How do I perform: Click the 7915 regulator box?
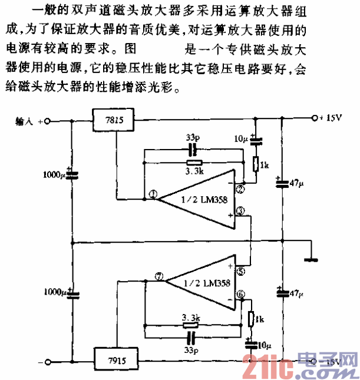[x=115, y=358]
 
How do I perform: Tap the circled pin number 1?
[x=153, y=195]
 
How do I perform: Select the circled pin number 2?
[x=240, y=189]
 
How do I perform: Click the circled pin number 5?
[x=240, y=272]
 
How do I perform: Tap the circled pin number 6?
[x=240, y=295]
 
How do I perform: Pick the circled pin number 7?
[x=157, y=276]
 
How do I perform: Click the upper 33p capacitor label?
[x=190, y=137]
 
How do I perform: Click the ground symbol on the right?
[x=311, y=257]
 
